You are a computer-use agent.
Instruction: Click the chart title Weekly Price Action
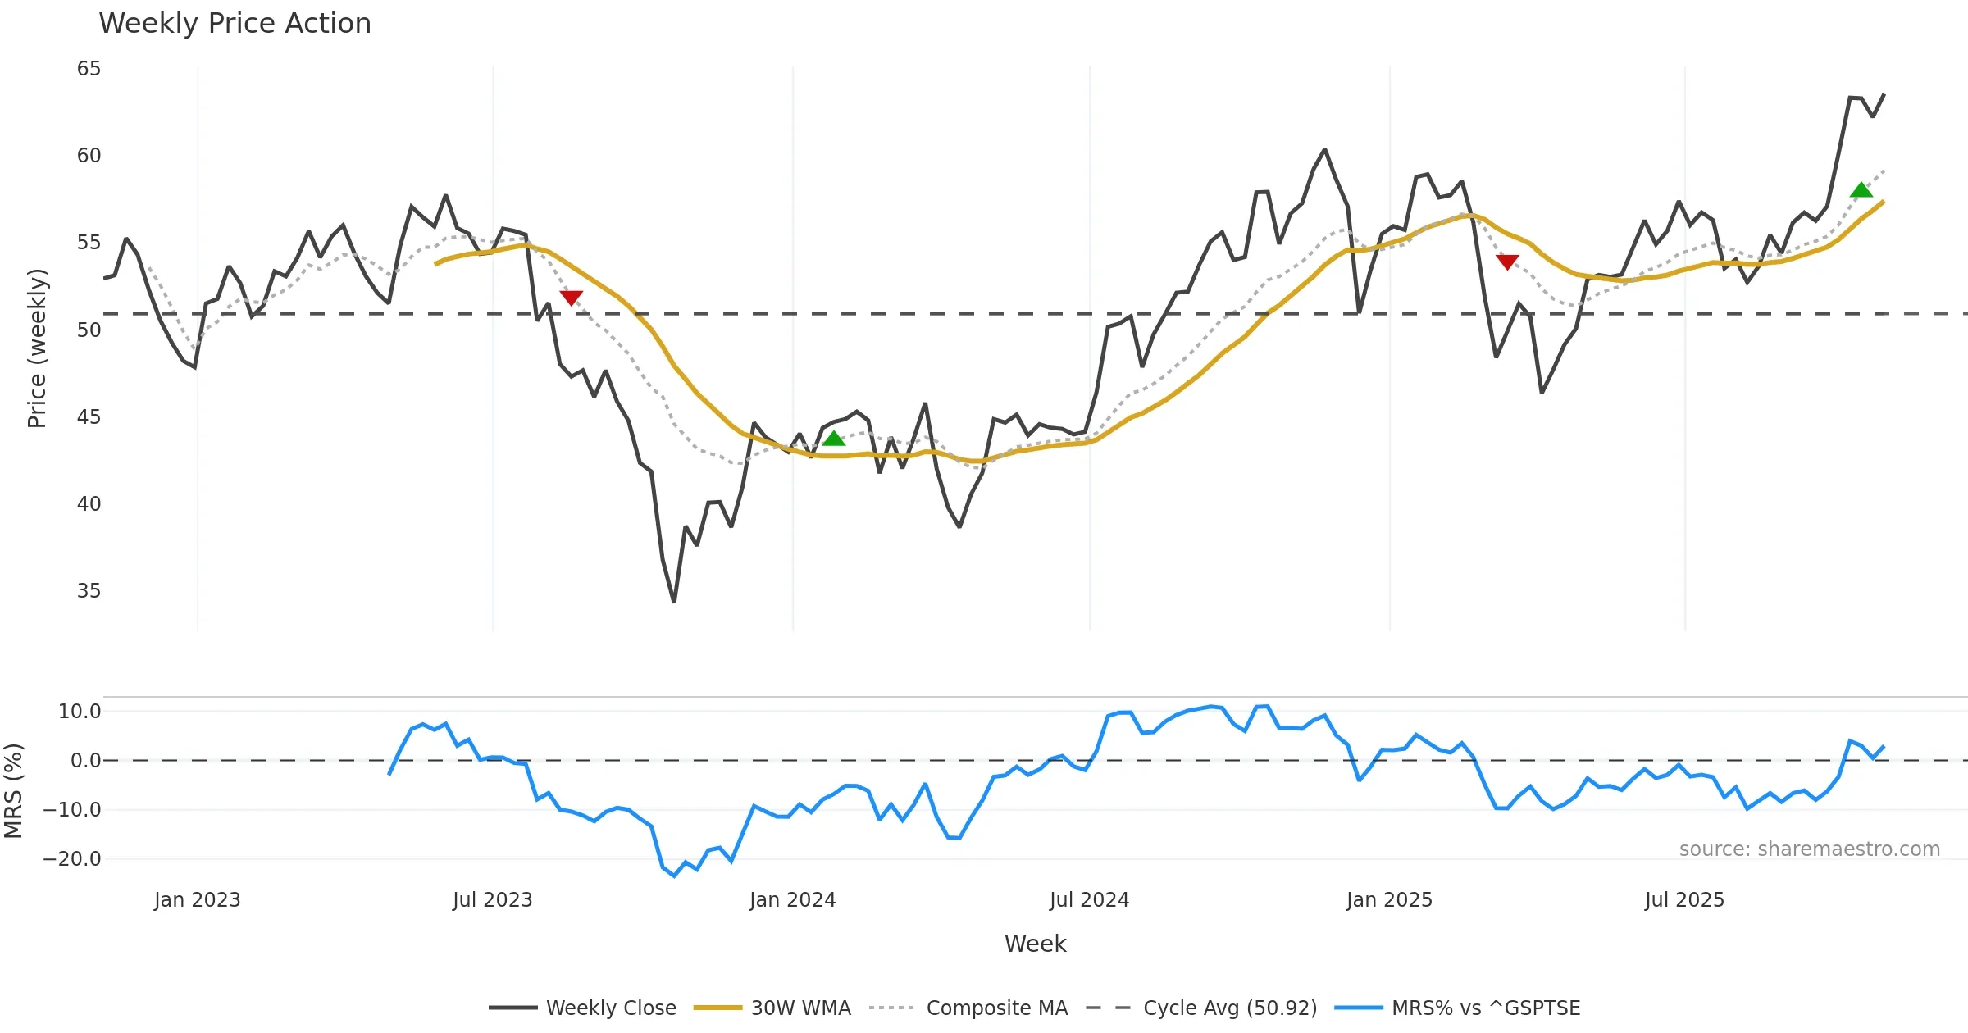(x=235, y=24)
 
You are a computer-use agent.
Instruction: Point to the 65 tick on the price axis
(x=89, y=69)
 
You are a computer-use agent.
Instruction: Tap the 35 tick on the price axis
(x=89, y=591)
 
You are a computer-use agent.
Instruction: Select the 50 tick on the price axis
(x=89, y=330)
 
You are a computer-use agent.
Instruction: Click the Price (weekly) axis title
(x=38, y=348)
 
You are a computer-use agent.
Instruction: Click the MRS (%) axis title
(x=14, y=791)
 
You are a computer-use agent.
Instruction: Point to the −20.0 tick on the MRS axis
(x=72, y=859)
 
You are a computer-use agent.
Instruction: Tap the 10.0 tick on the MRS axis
(x=80, y=712)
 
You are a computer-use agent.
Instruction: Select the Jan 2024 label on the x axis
(x=792, y=900)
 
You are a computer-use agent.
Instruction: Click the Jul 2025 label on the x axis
(x=1684, y=900)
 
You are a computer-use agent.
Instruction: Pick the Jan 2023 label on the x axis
(x=197, y=900)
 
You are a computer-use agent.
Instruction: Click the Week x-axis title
(x=1035, y=944)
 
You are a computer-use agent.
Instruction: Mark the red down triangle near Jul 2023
(x=571, y=297)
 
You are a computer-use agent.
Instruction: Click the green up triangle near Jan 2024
(x=834, y=439)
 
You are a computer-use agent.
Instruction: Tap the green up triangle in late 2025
(x=1861, y=190)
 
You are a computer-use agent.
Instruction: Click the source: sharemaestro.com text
(x=1809, y=849)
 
